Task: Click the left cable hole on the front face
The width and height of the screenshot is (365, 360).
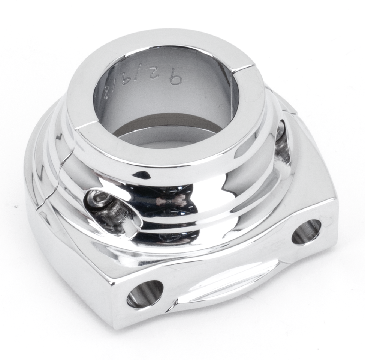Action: pos(145,294)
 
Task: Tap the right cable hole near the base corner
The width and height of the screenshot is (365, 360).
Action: pos(307,231)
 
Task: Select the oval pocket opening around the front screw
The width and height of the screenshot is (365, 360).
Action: pos(112,212)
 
